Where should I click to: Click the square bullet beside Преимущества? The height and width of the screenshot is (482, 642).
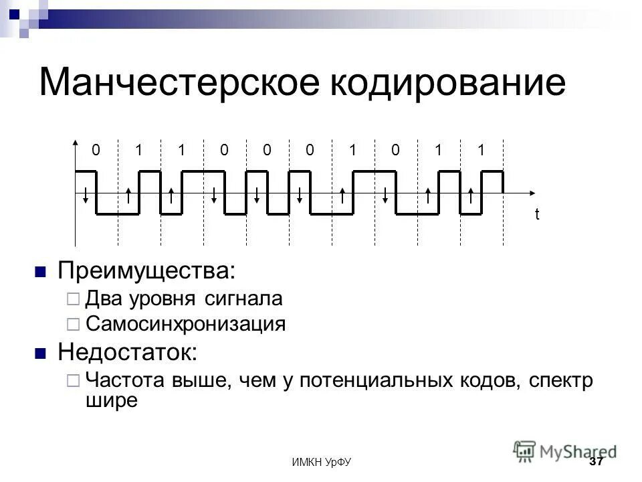pos(40,272)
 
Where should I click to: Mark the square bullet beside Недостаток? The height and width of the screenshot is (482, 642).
pos(40,353)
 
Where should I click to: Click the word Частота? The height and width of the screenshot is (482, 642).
pos(122,380)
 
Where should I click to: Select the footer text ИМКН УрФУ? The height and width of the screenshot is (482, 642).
pos(322,463)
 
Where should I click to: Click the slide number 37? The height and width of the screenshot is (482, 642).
pos(596,462)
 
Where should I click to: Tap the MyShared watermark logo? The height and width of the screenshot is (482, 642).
pos(566,451)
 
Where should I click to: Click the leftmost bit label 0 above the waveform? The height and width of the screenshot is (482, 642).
pos(96,151)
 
